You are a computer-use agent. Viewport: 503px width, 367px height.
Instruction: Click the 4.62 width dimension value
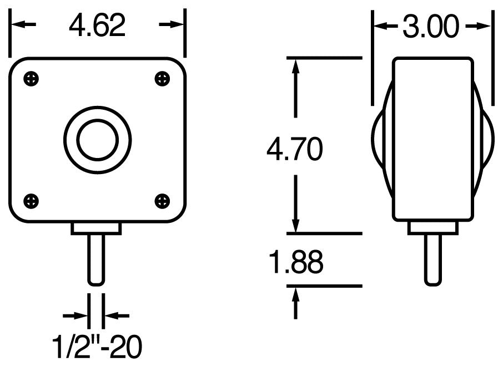point(97,26)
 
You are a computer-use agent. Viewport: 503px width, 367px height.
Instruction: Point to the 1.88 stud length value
point(295,262)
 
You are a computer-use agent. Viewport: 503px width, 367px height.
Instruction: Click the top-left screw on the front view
point(32,79)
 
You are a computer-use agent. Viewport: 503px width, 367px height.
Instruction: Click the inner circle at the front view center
point(97,139)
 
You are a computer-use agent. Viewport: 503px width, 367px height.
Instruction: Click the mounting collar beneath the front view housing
point(97,228)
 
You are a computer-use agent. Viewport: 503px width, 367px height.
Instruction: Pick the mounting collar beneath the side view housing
point(432,228)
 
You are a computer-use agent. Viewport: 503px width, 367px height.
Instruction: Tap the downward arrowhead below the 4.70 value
point(296,225)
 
